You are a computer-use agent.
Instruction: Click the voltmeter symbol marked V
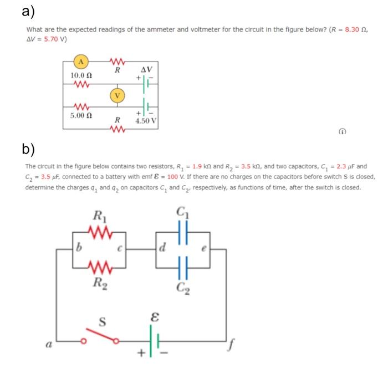tap(117, 95)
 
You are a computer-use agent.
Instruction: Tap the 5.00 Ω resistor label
tap(81, 115)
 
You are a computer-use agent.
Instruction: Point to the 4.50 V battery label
tap(146, 120)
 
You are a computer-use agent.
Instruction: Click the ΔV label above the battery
tap(146, 70)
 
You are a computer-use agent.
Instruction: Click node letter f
tap(229, 347)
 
